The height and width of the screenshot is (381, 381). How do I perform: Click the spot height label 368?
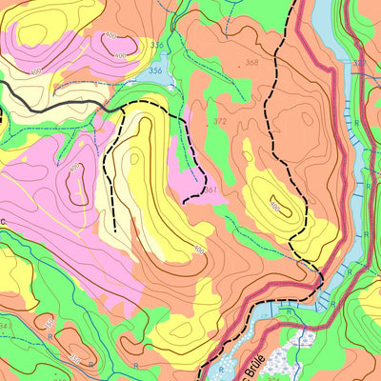251,63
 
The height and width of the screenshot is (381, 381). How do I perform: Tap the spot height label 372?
220,122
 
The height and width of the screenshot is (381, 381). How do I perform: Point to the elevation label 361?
210,190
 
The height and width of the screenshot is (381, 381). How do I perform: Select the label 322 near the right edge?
358,63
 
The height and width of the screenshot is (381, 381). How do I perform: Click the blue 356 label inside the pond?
154,70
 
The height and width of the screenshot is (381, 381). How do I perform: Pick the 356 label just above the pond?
156,45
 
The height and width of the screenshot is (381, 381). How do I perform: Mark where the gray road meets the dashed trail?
123,108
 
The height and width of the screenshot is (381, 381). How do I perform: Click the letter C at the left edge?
3,220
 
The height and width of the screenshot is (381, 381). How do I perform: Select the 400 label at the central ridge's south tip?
199,251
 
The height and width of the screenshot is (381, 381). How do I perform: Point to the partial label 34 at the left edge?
4,327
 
